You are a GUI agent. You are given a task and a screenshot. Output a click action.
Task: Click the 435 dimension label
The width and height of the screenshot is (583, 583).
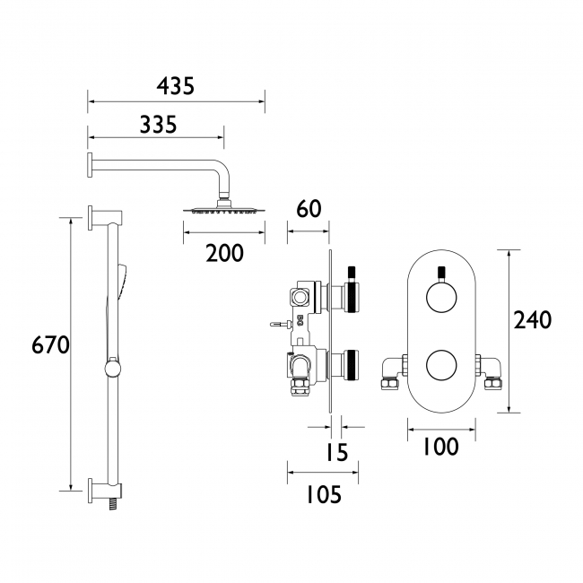(176, 86)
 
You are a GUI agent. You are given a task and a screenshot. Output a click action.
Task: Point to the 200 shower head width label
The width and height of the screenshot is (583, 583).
(224, 253)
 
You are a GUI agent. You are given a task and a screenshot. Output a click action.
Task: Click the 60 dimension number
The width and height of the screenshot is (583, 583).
(309, 210)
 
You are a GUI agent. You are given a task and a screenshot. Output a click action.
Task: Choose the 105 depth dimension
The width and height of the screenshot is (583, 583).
(323, 494)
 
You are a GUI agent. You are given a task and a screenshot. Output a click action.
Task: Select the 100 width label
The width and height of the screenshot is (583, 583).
(439, 446)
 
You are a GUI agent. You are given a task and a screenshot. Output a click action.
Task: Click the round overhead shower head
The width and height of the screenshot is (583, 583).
(224, 209)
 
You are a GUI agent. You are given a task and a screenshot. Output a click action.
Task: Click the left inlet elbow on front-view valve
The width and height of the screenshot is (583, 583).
(392, 372)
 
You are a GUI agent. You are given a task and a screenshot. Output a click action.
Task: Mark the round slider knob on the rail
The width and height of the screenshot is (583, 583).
(113, 368)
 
